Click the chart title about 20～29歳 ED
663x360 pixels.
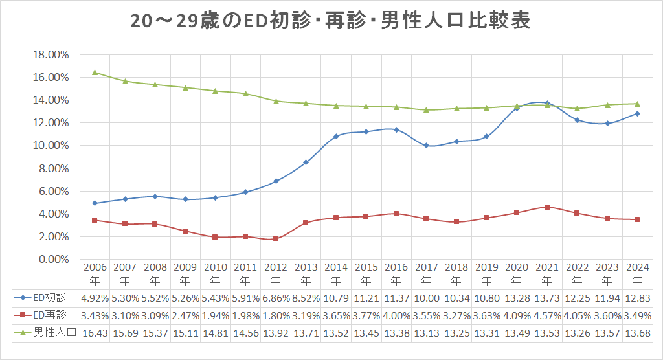point(331,21)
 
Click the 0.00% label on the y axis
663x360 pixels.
point(52,260)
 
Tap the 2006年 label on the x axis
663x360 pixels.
point(95,274)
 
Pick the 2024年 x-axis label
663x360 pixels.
point(637,274)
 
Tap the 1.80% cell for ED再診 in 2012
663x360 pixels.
point(275,315)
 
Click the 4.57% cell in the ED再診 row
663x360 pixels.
point(546,315)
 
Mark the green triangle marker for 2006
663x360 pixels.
point(95,73)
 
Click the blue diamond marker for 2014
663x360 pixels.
point(336,137)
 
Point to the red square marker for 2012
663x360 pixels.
point(276,238)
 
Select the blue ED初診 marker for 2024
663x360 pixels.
point(637,113)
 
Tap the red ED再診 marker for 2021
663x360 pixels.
point(547,207)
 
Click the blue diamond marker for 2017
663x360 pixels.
point(426,146)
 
